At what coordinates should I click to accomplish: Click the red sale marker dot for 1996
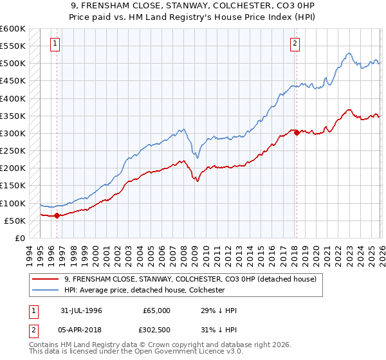tap(57, 215)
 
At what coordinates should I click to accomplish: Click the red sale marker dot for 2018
tap(297, 132)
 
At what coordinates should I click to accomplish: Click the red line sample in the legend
tap(46, 280)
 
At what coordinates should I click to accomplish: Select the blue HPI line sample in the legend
tap(46, 291)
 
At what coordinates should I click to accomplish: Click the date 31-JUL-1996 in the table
tap(81, 310)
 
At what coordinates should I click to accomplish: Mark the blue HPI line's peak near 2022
tap(348, 53)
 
